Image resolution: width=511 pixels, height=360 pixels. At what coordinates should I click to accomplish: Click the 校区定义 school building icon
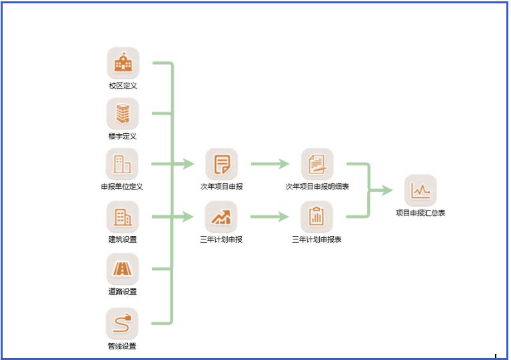pos(123,63)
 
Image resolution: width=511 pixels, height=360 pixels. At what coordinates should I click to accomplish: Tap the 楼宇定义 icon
pos(123,114)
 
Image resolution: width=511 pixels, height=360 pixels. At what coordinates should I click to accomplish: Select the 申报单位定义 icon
pos(123,164)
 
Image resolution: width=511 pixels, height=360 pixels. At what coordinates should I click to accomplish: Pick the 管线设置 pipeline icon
pos(123,324)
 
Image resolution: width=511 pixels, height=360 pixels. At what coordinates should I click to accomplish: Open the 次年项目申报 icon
pos(222,164)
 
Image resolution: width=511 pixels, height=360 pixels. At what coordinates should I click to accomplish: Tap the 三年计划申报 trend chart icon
pos(222,217)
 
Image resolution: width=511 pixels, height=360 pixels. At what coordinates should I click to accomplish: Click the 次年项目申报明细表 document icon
pos(317,164)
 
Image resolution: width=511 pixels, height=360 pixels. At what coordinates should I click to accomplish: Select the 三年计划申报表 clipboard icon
pos(317,217)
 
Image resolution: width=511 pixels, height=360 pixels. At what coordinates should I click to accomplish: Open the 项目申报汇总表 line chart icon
pos(420,191)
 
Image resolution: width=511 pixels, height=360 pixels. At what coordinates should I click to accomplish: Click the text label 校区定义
pos(123,86)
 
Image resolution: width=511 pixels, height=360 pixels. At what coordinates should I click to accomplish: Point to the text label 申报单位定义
pos(122,187)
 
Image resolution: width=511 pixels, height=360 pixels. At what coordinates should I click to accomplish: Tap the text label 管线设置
pos(123,347)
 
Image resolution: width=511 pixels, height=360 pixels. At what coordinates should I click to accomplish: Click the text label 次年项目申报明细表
pos(317,187)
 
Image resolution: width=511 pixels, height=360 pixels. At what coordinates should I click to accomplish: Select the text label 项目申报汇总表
pos(420,213)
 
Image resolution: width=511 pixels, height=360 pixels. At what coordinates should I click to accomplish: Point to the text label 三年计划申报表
pos(317,239)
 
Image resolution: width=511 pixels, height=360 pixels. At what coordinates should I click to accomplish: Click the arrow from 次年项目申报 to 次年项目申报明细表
pos(269,164)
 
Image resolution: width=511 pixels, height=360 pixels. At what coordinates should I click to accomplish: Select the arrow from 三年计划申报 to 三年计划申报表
pos(269,217)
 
